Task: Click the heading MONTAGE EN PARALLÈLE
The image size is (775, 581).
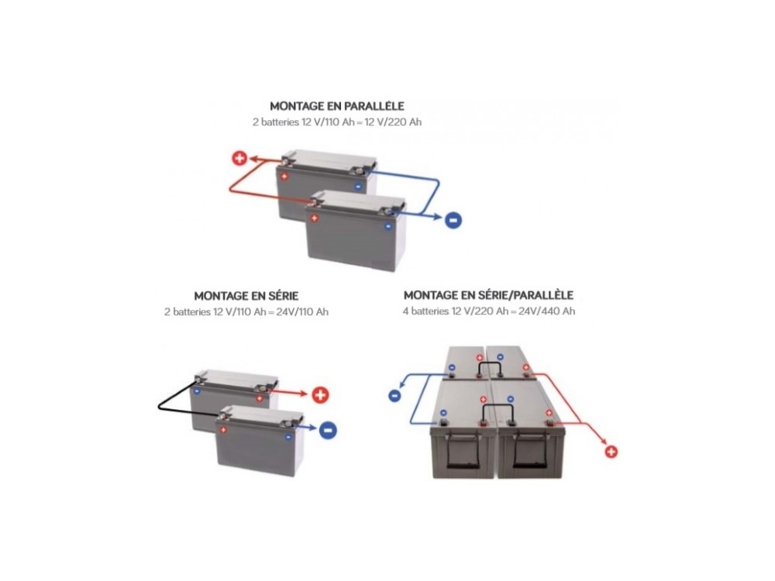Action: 337,106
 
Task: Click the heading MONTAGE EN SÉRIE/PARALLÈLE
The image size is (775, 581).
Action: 488,295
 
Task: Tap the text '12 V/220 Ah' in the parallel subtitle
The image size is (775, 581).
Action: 393,122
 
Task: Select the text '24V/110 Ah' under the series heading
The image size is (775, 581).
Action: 302,311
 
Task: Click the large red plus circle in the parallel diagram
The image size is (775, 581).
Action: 239,159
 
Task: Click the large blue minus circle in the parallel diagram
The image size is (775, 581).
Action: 453,220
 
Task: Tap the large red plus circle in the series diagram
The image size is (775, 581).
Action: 320,395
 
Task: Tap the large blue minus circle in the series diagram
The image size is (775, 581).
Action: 328,430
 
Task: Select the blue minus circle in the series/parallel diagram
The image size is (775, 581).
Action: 394,395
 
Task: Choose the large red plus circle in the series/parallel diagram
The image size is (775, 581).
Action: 611,452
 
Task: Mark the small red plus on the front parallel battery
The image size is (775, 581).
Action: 315,218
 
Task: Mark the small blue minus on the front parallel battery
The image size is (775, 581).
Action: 388,225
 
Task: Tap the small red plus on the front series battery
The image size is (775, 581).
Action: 223,430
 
